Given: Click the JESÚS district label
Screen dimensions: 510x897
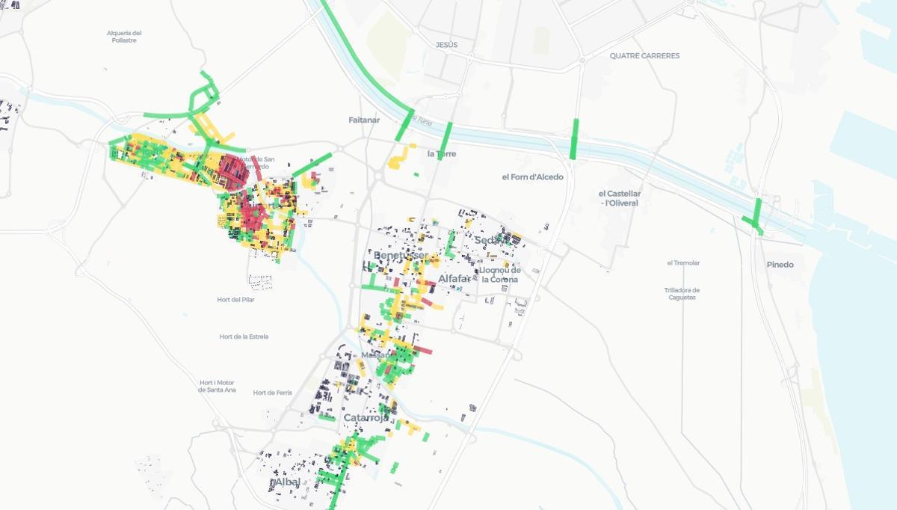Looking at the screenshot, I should point(446,45).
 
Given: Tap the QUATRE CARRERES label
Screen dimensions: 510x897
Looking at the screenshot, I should point(644,55).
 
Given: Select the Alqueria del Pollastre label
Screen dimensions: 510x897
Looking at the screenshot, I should point(124,37).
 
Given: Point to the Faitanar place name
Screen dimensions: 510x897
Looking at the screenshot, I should point(364,120).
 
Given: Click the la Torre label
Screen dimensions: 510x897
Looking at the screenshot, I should point(442,154).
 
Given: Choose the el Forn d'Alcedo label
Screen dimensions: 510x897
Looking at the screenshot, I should point(533,177).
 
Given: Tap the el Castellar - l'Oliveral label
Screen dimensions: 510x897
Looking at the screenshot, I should point(620,198).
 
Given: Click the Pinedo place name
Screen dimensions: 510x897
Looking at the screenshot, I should point(780,265).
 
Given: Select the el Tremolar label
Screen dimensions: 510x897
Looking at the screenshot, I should point(683,263).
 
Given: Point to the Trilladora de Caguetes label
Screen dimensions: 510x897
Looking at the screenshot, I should point(682,294).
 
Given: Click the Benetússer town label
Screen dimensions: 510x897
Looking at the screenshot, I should point(401,256).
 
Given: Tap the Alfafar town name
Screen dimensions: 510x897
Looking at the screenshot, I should point(454,279).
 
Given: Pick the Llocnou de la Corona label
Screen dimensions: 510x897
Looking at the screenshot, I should point(500,274).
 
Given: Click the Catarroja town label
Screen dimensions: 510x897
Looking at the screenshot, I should point(366,418).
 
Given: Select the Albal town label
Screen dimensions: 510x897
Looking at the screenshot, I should point(287,482).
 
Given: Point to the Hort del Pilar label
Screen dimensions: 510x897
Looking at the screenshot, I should point(235,300).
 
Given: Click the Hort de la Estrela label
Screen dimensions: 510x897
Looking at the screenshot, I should point(244,337).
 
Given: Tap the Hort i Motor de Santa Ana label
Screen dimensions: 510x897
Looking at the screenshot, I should point(218,386).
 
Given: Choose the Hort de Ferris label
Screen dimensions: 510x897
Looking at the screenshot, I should point(272,393).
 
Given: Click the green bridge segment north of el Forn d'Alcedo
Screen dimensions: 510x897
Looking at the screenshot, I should point(574,139).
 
